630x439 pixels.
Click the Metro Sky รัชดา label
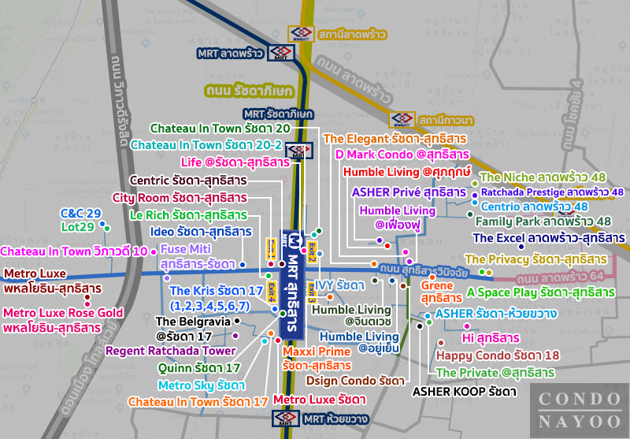click(x=201, y=385)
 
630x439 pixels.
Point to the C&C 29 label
click(x=81, y=214)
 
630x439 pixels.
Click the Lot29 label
click(x=77, y=228)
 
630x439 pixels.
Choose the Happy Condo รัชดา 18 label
click(x=497, y=355)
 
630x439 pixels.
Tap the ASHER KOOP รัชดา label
click(x=465, y=391)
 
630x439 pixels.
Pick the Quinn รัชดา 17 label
click(x=199, y=368)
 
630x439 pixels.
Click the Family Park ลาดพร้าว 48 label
click(x=543, y=221)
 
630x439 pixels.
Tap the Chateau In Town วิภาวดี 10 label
click(x=75, y=251)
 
